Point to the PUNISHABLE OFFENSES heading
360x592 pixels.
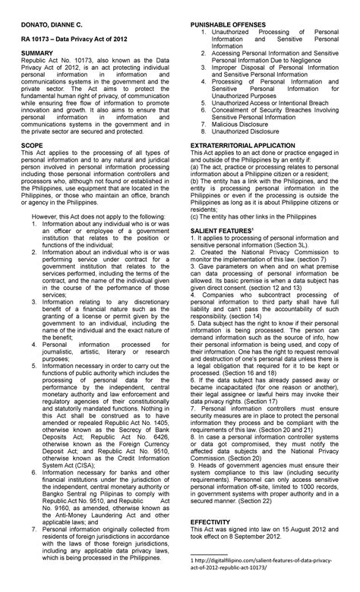[228, 25]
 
